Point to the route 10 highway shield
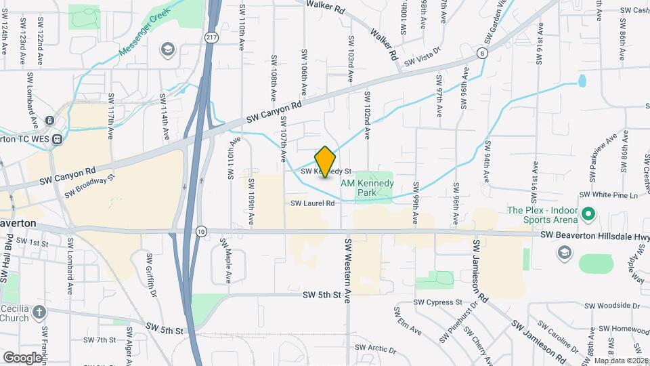(202, 231)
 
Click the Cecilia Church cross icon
(40, 312)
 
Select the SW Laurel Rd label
(313, 203)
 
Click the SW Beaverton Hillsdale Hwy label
(594, 236)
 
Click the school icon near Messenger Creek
(167, 49)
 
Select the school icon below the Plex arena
(563, 252)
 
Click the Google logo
(23, 357)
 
